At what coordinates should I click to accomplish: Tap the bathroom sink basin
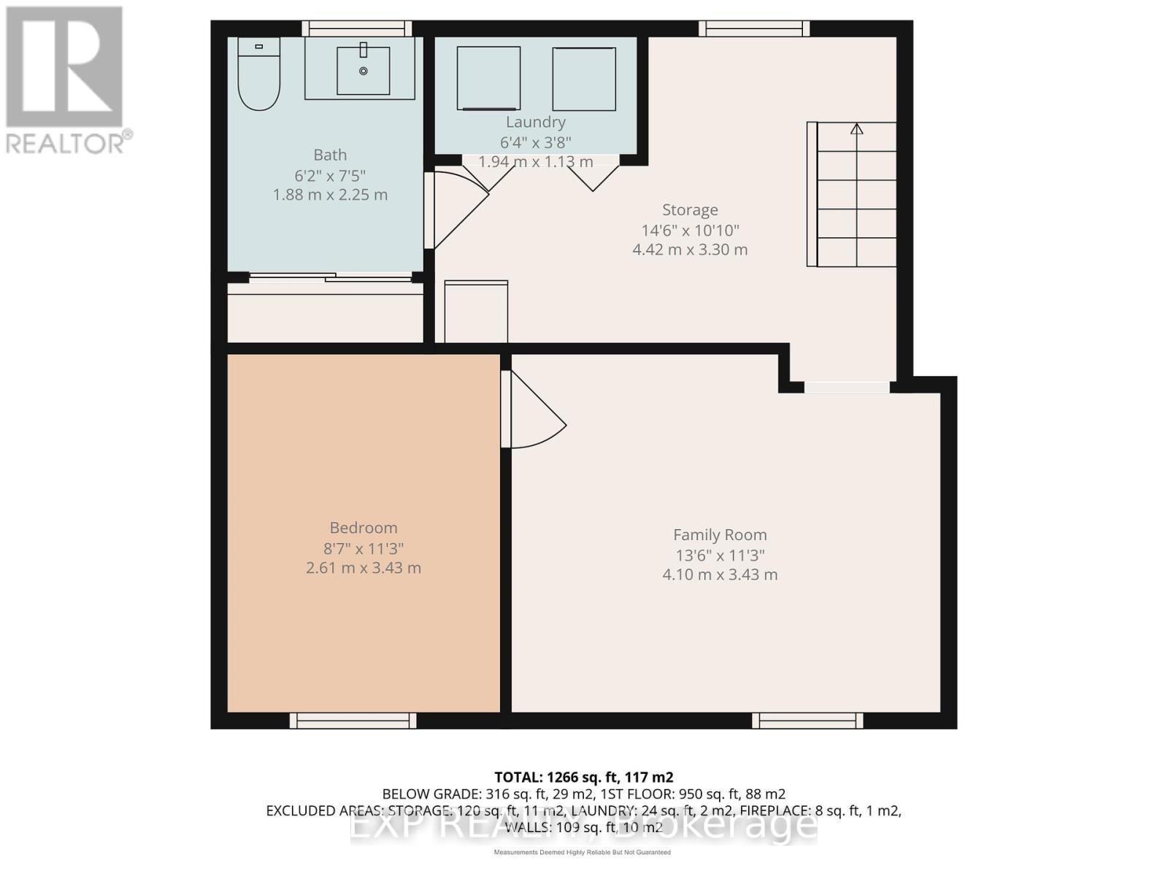pyautogui.click(x=363, y=70)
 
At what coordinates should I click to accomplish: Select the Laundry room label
pyautogui.click(x=536, y=122)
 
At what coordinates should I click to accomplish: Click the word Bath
pyautogui.click(x=330, y=155)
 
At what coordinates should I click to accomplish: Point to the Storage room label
pyautogui.click(x=690, y=210)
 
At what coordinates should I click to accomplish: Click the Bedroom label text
pyautogui.click(x=364, y=528)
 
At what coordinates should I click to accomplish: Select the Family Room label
pyautogui.click(x=720, y=535)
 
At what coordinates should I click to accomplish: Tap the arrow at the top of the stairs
pyautogui.click(x=857, y=129)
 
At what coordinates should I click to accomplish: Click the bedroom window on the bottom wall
pyautogui.click(x=353, y=721)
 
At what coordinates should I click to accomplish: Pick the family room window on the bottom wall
pyautogui.click(x=807, y=721)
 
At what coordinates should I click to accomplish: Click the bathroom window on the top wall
pyautogui.click(x=356, y=28)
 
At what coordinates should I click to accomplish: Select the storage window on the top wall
pyautogui.click(x=754, y=28)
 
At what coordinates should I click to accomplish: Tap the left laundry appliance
pyautogui.click(x=488, y=78)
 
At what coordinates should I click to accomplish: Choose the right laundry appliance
pyautogui.click(x=584, y=78)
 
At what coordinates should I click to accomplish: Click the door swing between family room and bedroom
pyautogui.click(x=537, y=412)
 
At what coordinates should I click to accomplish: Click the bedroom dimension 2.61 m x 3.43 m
pyautogui.click(x=364, y=568)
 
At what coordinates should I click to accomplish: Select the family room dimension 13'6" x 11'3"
pyautogui.click(x=720, y=555)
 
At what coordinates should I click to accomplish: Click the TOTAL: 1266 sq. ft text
pyautogui.click(x=583, y=777)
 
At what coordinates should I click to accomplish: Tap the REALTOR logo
pyautogui.click(x=66, y=80)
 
